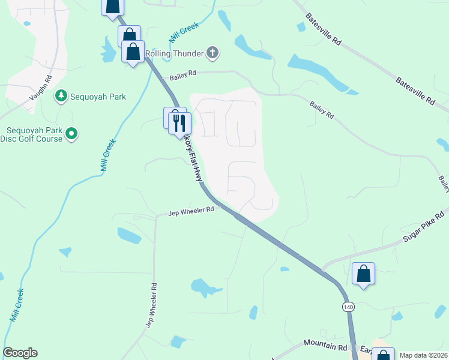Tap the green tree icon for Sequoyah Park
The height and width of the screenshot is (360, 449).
point(61,96)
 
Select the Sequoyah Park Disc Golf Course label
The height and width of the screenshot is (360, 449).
point(35,135)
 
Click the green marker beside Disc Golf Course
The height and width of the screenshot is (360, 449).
point(71,133)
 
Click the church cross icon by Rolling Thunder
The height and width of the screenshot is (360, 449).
point(212,53)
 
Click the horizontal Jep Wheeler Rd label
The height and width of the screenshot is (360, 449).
point(191,211)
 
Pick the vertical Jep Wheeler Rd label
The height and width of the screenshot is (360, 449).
point(151,305)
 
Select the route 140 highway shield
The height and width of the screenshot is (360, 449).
point(348,307)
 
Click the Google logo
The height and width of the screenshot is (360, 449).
point(20,353)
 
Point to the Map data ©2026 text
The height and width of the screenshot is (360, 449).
point(424,355)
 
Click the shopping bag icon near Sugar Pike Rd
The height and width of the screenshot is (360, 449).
point(363,274)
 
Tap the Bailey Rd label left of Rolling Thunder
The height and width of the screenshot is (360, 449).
point(183,74)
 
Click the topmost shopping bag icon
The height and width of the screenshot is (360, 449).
point(112,5)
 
